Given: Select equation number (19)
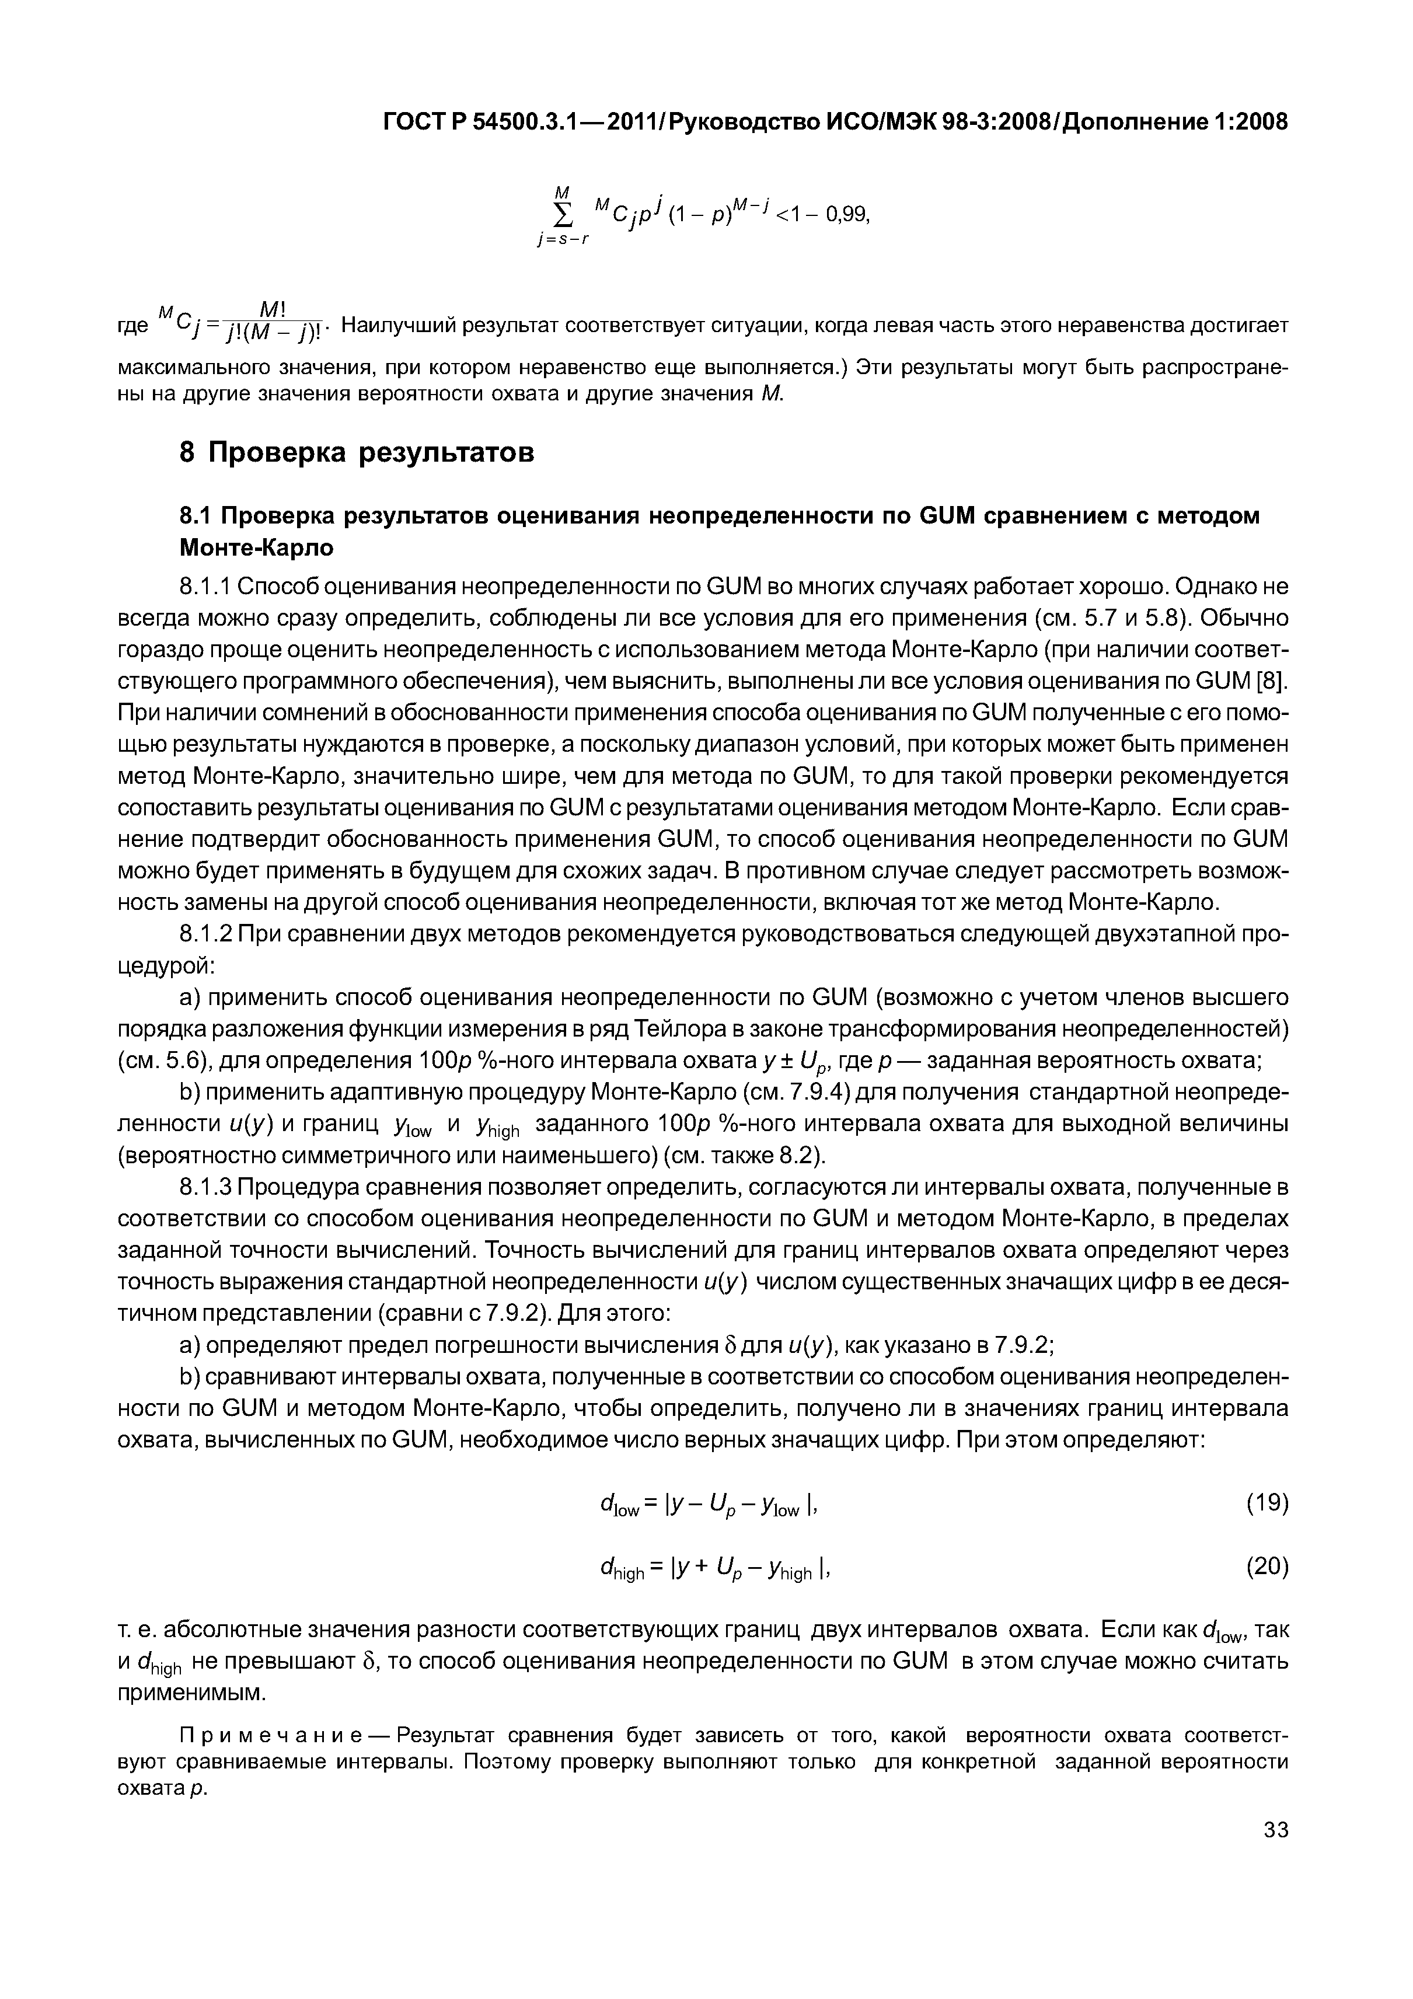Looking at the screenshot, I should [1267, 1503].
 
